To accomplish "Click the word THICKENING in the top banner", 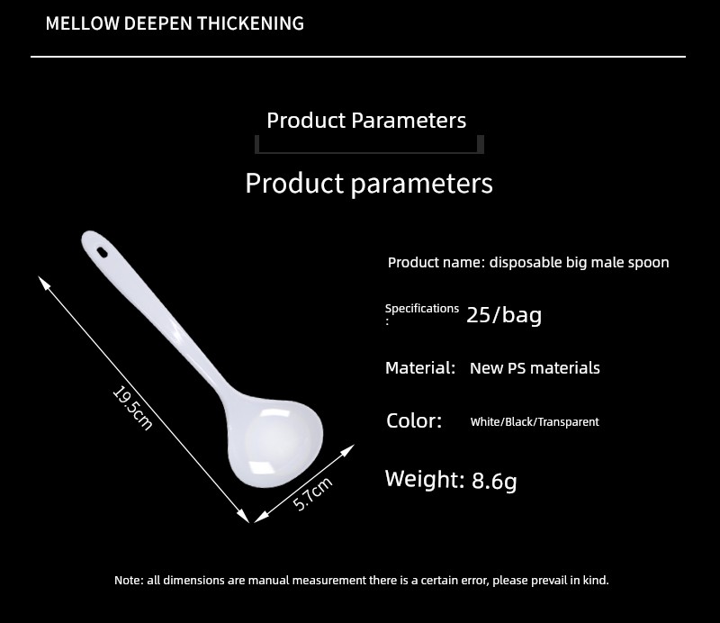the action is tap(251, 23).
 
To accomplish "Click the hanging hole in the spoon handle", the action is tap(102, 252).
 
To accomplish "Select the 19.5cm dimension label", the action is tap(132, 409).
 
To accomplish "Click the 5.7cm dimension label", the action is tap(312, 494).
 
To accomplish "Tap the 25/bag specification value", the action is tap(504, 315).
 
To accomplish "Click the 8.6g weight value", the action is tap(494, 481).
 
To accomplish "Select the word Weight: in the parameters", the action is tap(425, 479).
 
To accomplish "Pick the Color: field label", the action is tap(414, 420).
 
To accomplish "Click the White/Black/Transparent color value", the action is tap(535, 421).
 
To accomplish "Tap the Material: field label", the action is tap(420, 368).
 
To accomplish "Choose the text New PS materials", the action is tap(535, 368).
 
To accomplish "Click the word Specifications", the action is tap(422, 309).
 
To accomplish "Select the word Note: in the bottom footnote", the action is tap(128, 581).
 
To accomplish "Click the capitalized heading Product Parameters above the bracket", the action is tap(366, 121).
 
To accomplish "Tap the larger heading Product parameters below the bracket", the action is tap(369, 184).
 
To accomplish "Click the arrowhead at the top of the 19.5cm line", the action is tap(42, 281).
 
